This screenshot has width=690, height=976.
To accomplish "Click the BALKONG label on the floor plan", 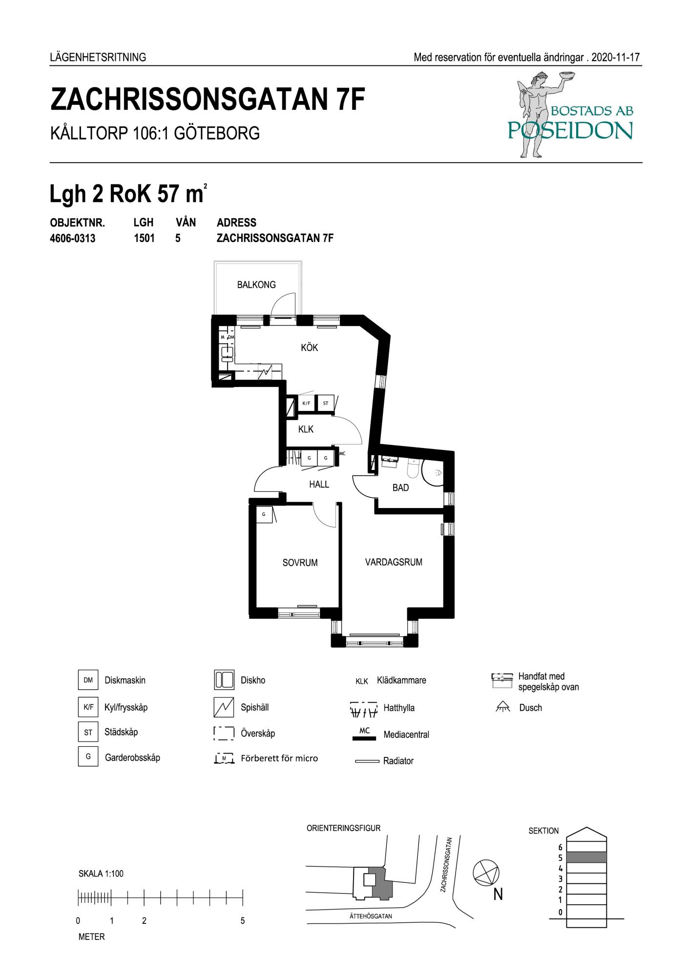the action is pos(256,285).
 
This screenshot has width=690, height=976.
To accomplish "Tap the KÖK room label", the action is pos(310,347).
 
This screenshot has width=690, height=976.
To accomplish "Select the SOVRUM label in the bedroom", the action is pos(300,563).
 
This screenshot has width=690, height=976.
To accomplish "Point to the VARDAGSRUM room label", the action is pos(394,562).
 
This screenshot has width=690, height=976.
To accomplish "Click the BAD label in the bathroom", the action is pos(400,488).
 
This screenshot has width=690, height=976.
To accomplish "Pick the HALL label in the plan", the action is pos(319,485).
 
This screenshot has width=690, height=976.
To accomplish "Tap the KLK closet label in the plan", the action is pos(306,429).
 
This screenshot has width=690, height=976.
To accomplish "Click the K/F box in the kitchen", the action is pos(306,404).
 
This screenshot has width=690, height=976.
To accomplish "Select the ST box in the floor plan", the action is pos(325,404).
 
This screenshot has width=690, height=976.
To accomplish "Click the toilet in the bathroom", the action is pos(413,468).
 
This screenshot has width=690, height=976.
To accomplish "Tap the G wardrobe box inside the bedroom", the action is pos(264,514).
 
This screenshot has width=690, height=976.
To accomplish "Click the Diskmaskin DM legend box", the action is pos(88,680).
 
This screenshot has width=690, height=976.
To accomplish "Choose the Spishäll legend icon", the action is pos(224,708).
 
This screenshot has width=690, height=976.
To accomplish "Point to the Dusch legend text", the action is pos(530,708).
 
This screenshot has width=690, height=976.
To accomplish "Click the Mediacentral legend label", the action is pos(406,734).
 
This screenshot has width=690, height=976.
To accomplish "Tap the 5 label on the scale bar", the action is pos(243,921).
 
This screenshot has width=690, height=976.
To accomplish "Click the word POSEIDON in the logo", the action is pos(570,130).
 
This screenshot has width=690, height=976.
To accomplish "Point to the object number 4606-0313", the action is pos(73,239).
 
